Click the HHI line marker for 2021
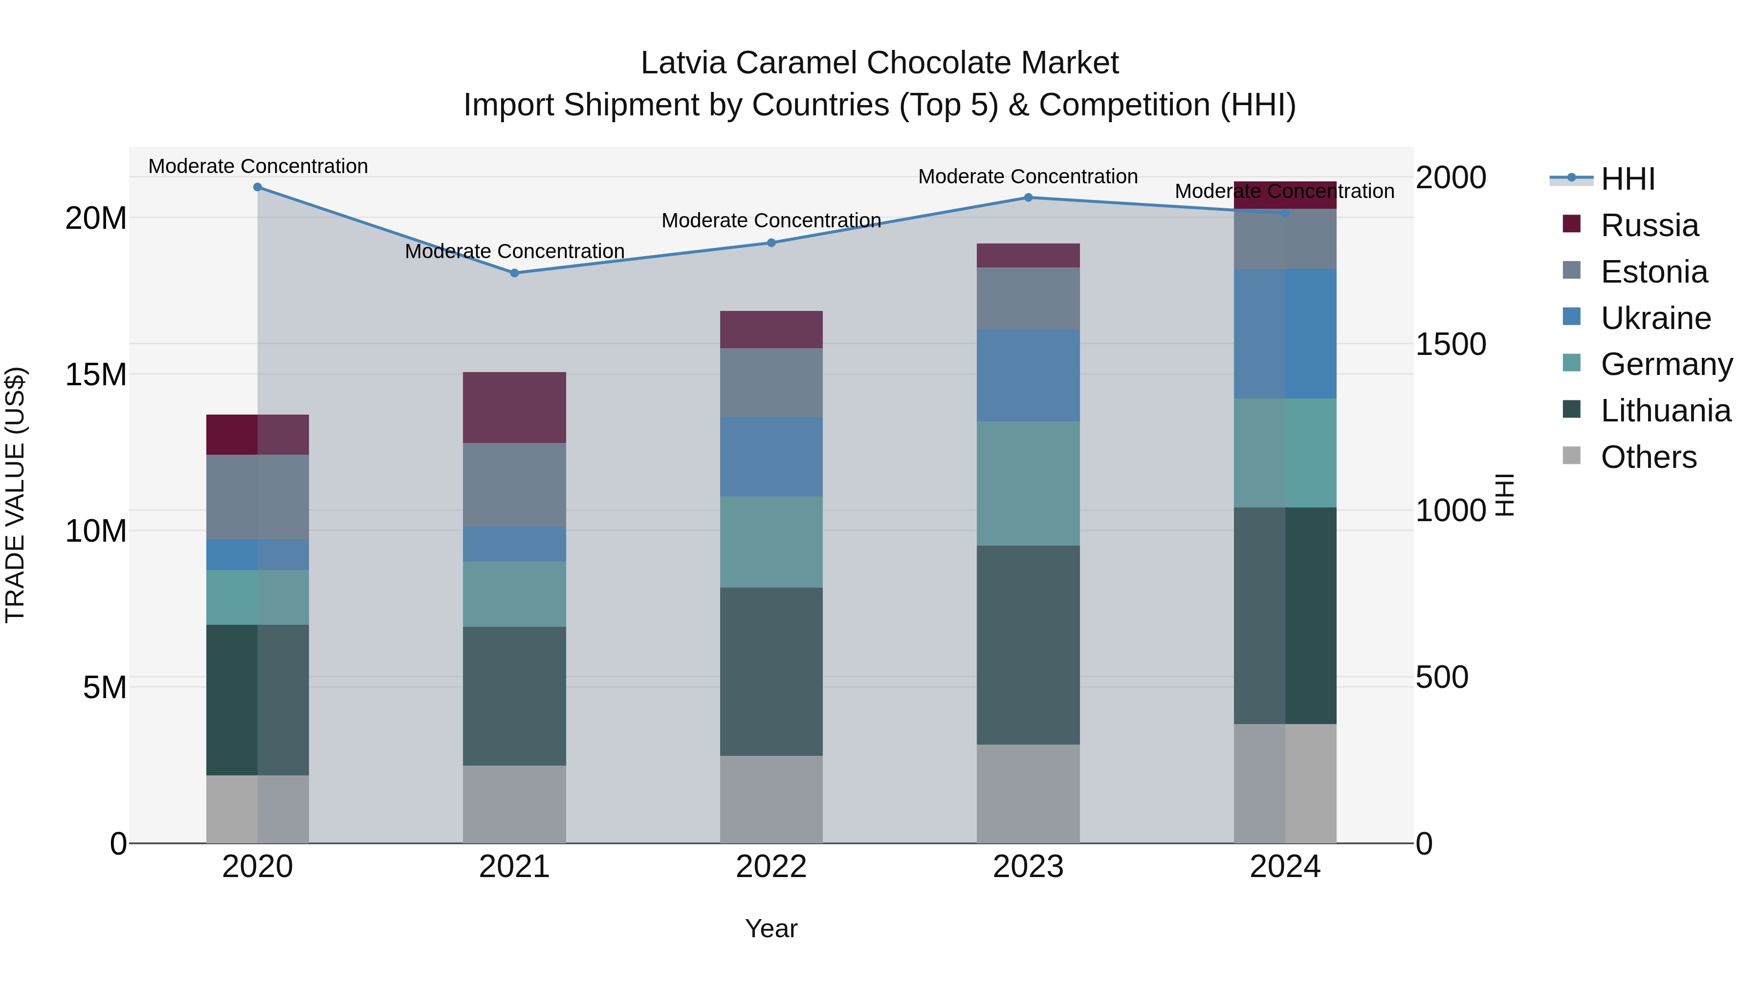pyautogui.click(x=514, y=273)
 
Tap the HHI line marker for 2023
pyautogui.click(x=1028, y=198)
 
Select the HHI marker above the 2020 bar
pyautogui.click(x=258, y=187)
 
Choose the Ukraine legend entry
pyautogui.click(x=1655, y=318)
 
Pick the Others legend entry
pyautogui.click(x=1648, y=457)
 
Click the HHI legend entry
pyautogui.click(x=1628, y=179)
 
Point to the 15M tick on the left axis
pyautogui.click(x=96, y=374)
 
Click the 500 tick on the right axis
pyautogui.click(x=1442, y=677)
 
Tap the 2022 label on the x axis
pyautogui.click(x=771, y=867)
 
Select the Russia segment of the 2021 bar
pyautogui.click(x=514, y=407)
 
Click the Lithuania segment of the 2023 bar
pyautogui.click(x=1028, y=644)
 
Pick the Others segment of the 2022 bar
pyautogui.click(x=771, y=799)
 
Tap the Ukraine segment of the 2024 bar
pyautogui.click(x=1285, y=333)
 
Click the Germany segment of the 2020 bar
pyautogui.click(x=258, y=597)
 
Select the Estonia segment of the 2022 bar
pyautogui.click(x=771, y=383)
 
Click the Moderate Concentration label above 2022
pyautogui.click(x=771, y=220)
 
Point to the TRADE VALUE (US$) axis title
pyautogui.click(x=15, y=495)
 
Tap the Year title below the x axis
pyautogui.click(x=771, y=928)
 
